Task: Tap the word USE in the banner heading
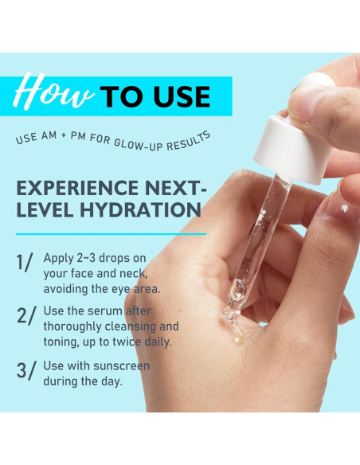tap(180, 96)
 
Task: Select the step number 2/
tap(26, 315)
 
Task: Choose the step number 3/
tap(26, 371)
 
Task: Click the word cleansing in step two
tap(138, 326)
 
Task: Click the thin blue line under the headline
tap(111, 234)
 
